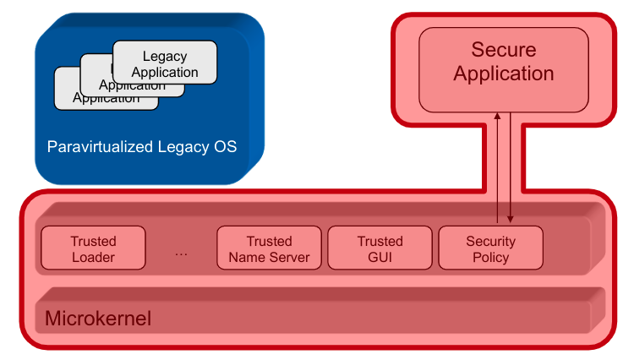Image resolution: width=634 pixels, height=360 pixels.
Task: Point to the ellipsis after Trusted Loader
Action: (181, 251)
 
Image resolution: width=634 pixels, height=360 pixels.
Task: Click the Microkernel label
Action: (97, 319)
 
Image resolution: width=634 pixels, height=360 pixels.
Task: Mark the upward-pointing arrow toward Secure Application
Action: (497, 169)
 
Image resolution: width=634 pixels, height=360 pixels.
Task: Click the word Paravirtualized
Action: (101, 147)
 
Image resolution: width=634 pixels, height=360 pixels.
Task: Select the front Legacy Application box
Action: (165, 64)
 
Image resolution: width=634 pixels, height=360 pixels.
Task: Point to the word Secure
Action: (504, 50)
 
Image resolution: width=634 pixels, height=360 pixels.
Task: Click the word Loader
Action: (93, 257)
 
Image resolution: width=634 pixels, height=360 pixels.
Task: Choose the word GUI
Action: (380, 257)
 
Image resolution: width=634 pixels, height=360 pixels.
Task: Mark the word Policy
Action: (491, 257)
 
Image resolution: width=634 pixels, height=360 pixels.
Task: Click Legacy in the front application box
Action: (165, 57)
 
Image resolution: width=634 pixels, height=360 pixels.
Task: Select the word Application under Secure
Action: (504, 74)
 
